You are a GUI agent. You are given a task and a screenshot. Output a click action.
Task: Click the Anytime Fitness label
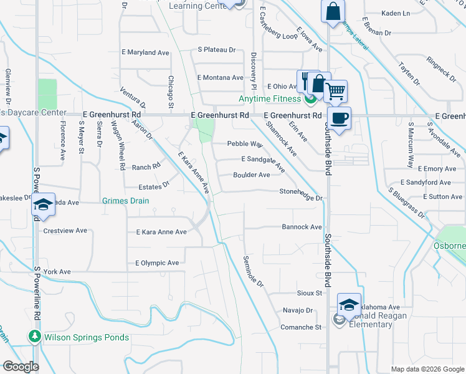[271, 98]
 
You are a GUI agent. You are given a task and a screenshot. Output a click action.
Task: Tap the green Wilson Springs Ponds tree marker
[34, 337]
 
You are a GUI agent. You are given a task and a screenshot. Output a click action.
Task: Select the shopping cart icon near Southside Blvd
[335, 92]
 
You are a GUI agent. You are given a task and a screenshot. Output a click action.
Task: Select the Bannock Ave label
[302, 227]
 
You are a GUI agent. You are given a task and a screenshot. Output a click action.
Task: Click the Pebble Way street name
[244, 143]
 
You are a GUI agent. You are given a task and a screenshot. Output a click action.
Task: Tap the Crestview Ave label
[65, 231]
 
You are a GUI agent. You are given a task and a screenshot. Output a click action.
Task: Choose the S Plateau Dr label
[217, 49]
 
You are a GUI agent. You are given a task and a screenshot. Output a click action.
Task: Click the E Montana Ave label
[220, 77]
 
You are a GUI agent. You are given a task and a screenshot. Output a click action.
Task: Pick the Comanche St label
[300, 327]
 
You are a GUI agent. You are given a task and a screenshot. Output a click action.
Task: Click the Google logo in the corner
[20, 366]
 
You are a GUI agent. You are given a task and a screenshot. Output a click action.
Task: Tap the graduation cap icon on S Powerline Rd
[44, 204]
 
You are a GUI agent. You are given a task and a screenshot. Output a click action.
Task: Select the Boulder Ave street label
[251, 175]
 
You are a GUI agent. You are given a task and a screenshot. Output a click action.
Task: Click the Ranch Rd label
[146, 167]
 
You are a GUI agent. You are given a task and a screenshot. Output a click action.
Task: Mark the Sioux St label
[309, 292]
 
